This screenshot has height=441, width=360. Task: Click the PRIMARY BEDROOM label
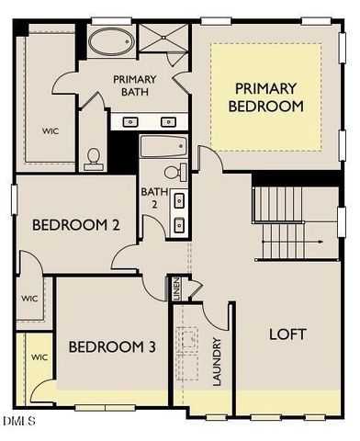click(x=265, y=97)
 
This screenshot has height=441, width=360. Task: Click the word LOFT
click(x=287, y=334)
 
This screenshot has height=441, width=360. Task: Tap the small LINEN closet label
click(x=175, y=289)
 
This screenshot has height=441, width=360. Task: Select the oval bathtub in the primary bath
click(x=111, y=42)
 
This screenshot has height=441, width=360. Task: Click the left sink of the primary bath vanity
click(x=130, y=121)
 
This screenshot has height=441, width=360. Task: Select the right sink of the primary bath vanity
click(x=168, y=121)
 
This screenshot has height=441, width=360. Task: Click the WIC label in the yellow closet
click(x=39, y=357)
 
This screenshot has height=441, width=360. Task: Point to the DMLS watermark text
click(x=17, y=421)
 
